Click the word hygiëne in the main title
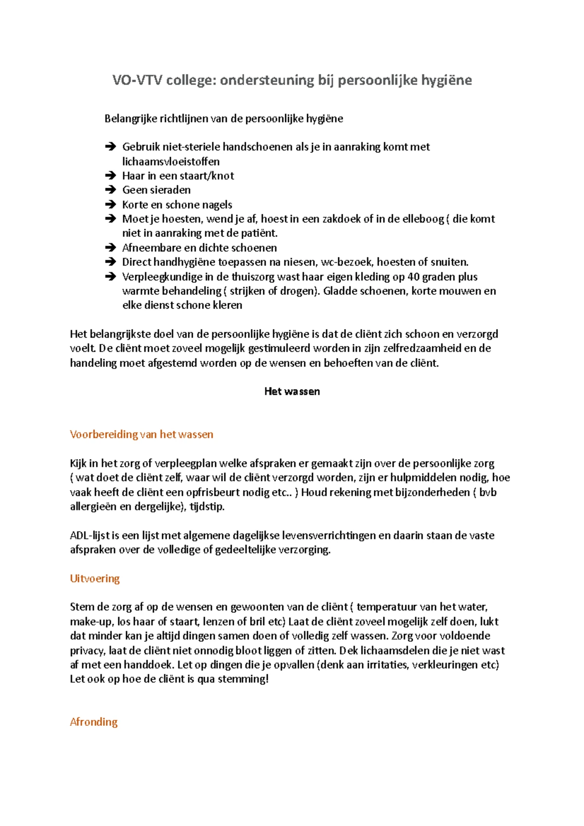(446, 80)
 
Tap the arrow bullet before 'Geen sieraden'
(110, 190)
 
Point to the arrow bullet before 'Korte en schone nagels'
(110, 205)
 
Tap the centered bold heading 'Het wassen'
(292, 392)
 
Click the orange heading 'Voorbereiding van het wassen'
(141, 434)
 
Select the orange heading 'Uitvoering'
(95, 578)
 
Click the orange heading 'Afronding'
(94, 722)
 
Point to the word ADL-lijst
(90, 536)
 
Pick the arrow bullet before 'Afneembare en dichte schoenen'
(110, 248)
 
